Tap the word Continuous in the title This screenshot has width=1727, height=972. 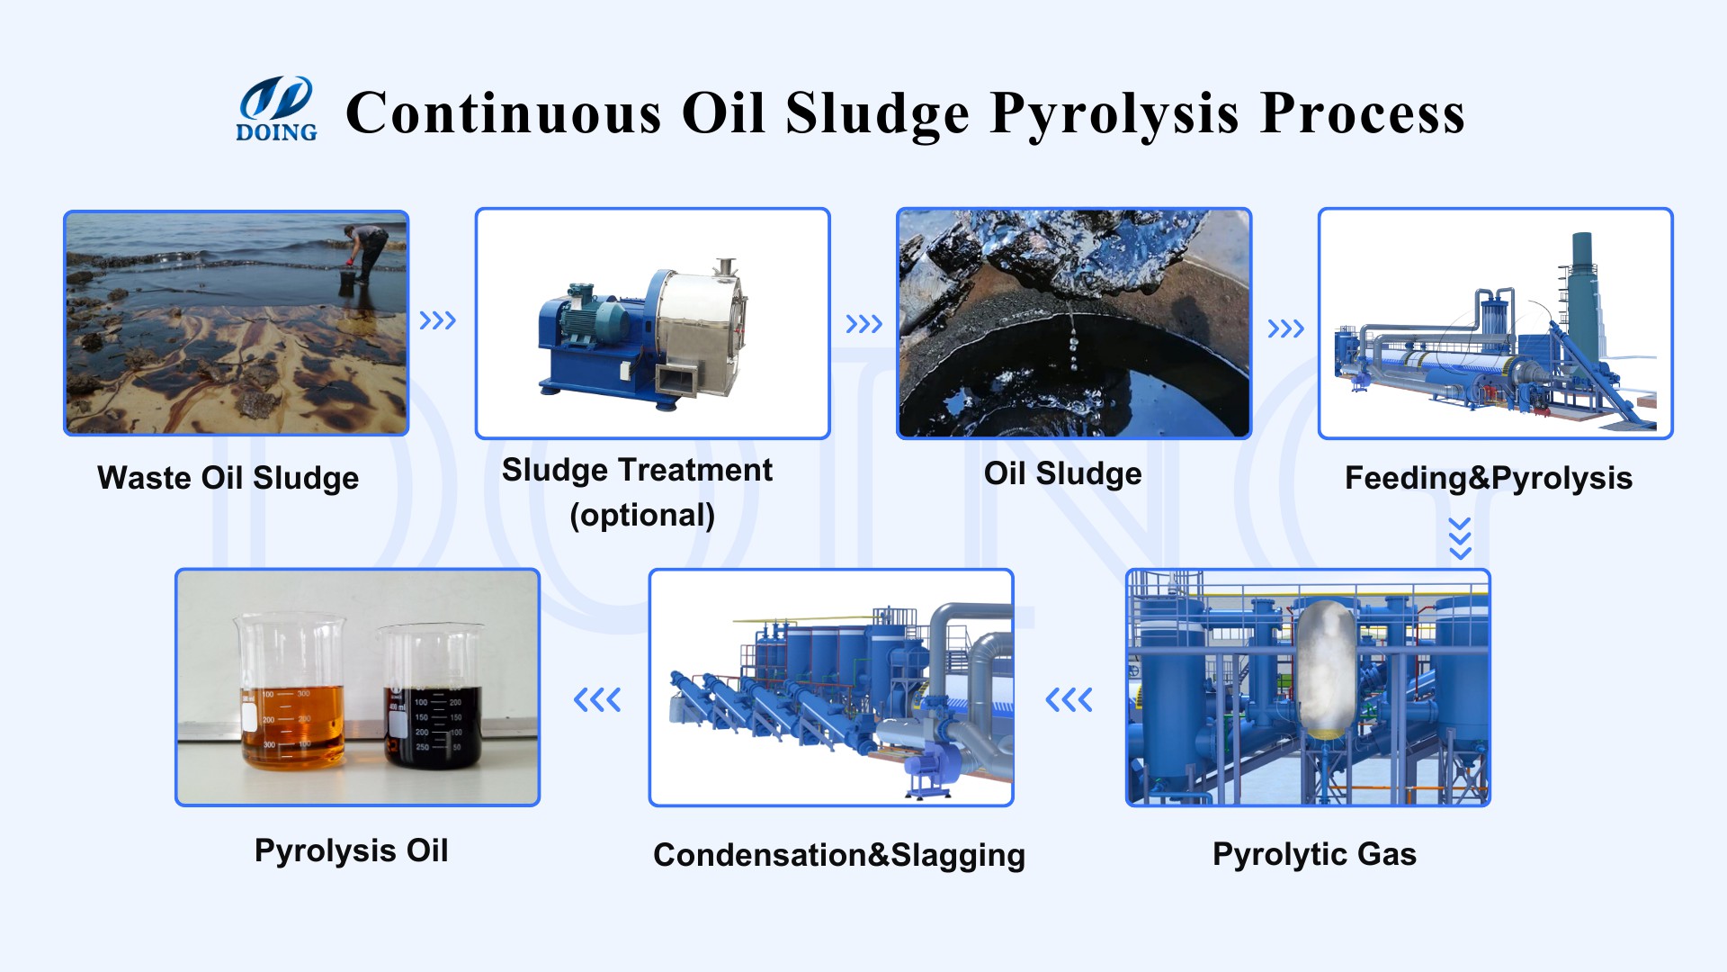(x=504, y=113)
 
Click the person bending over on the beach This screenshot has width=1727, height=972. (x=367, y=253)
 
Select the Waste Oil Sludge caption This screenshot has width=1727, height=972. (x=228, y=478)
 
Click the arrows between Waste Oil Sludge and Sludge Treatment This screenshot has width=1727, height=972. (x=438, y=320)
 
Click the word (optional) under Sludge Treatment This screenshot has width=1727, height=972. (x=642, y=516)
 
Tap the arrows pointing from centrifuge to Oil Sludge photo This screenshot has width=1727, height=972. (x=863, y=324)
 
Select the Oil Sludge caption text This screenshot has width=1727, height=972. (x=1062, y=473)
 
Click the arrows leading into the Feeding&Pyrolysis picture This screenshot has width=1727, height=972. (x=1285, y=328)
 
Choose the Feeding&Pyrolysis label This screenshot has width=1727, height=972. (x=1488, y=478)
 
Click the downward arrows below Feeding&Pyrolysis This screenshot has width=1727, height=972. (x=1460, y=538)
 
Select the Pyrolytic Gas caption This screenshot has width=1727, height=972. (x=1314, y=854)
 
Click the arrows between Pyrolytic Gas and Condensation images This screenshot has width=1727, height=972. (x=1069, y=699)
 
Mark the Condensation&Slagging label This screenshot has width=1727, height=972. (x=838, y=855)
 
